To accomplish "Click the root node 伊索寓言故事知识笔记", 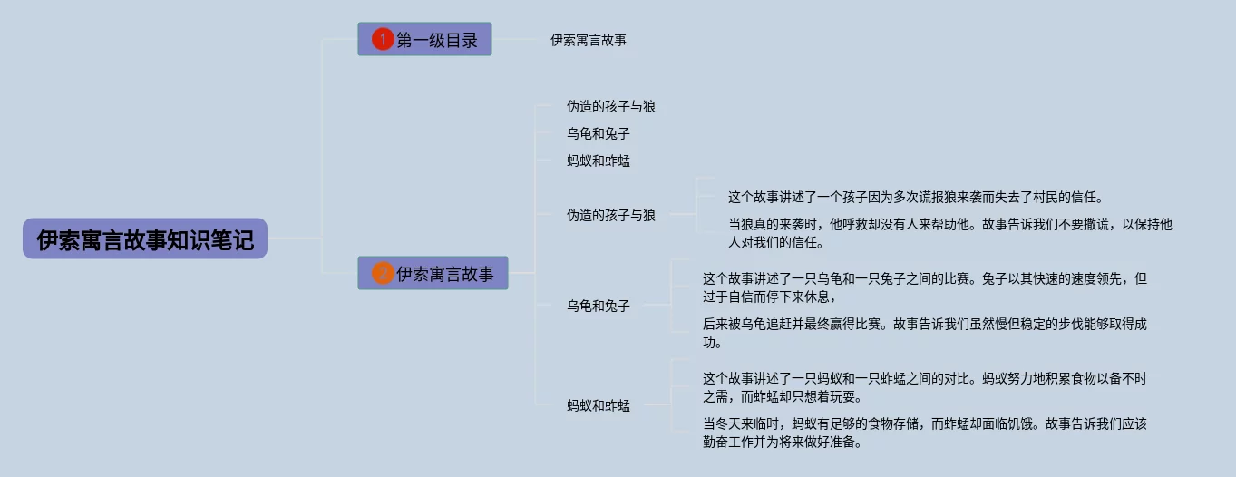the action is point(145,239).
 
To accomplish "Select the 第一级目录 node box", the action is point(424,40).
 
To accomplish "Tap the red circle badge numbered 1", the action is point(383,40).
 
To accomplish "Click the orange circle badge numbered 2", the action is point(383,274).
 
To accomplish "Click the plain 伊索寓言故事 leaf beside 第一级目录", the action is point(589,40).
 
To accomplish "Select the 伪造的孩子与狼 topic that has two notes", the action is point(611,216).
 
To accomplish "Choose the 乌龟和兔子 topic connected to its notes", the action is point(599,307).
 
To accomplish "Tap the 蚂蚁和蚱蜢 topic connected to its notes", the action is point(599,405).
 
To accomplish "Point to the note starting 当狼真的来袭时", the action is point(949,233).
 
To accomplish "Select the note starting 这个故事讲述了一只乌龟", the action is point(924,287).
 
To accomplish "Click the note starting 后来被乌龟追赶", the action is point(930,333).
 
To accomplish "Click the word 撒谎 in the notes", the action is point(1088,224).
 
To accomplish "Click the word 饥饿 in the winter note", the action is point(1013,423).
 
